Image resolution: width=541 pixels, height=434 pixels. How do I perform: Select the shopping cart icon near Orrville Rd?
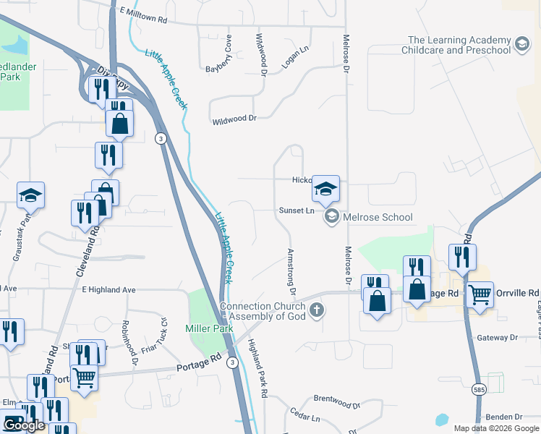click(x=480, y=295)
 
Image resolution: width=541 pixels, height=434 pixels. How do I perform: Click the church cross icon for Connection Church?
click(x=315, y=311)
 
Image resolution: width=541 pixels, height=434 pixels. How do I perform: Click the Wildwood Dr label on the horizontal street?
click(x=234, y=118)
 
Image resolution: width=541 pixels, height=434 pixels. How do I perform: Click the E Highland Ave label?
click(x=108, y=289)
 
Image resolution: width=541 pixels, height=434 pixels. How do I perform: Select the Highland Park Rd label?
click(x=258, y=368)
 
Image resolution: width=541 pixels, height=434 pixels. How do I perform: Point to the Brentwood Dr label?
click(x=336, y=399)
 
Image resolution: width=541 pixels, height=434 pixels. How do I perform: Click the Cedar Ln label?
click(x=304, y=417)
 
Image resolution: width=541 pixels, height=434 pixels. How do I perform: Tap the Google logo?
click(x=24, y=425)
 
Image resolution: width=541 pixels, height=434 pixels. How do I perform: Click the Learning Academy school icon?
click(x=521, y=46)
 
